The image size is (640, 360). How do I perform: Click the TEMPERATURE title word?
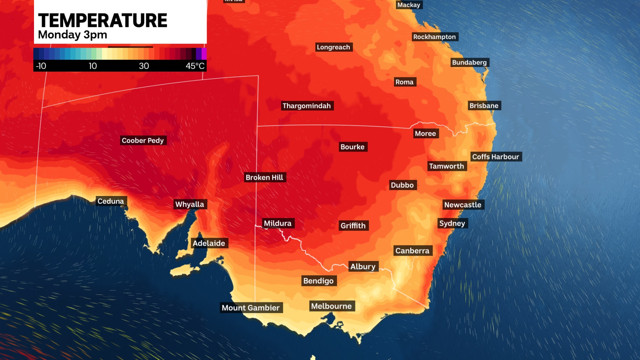(x=103, y=21)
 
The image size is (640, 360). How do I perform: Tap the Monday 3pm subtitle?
(x=72, y=35)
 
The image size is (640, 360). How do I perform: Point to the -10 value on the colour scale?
(x=41, y=66)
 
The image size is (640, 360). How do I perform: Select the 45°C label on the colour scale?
(x=195, y=66)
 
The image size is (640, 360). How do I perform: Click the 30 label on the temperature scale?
(x=144, y=66)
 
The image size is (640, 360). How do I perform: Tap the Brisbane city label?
(x=484, y=106)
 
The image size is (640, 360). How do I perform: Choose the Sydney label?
(x=452, y=223)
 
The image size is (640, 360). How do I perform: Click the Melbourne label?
(x=331, y=306)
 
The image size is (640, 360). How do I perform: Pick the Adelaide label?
(x=209, y=243)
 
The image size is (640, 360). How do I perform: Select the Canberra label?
(x=412, y=251)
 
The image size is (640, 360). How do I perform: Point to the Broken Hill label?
(x=264, y=177)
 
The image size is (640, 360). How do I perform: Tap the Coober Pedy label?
(x=143, y=140)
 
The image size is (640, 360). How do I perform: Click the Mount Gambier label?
(x=251, y=308)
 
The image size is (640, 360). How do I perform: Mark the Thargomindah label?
(x=307, y=106)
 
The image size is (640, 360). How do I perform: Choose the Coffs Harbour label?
(x=496, y=157)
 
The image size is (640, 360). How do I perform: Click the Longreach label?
(x=333, y=47)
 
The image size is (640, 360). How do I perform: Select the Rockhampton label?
(x=434, y=37)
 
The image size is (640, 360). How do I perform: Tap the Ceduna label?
(x=111, y=201)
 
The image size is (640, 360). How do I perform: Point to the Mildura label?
(x=278, y=223)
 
